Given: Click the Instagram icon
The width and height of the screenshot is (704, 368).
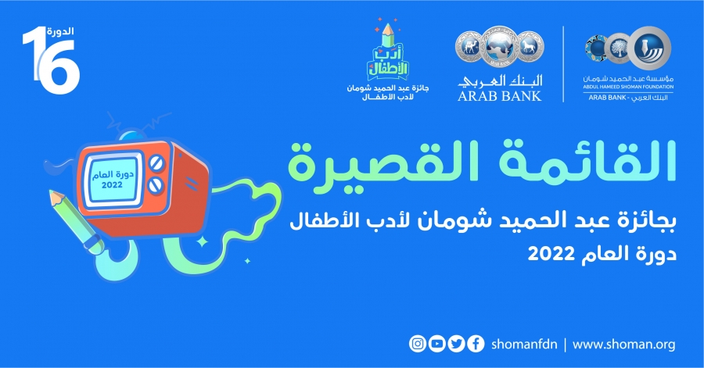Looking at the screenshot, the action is pyautogui.click(x=418, y=344).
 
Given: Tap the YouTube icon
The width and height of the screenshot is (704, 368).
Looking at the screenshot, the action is pyautogui.click(x=436, y=344).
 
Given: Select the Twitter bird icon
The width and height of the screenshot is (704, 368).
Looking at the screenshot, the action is pyautogui.click(x=456, y=344).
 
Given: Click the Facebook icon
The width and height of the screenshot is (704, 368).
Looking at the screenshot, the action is pyautogui.click(x=476, y=344).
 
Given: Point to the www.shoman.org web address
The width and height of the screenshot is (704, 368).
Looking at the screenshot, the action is pyautogui.click(x=623, y=345).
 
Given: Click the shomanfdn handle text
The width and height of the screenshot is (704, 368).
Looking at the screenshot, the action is pyautogui.click(x=524, y=345).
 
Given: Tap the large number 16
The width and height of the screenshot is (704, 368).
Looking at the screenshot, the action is pyautogui.click(x=51, y=60).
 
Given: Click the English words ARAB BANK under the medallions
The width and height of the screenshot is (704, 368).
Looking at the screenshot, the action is pyautogui.click(x=500, y=96).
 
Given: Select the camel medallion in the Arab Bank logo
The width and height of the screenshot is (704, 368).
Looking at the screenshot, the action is pyautogui.click(x=469, y=46).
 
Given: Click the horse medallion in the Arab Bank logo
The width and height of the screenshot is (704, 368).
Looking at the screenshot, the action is pyautogui.click(x=530, y=46).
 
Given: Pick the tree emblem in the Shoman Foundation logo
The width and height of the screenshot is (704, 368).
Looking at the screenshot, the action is pyautogui.click(x=618, y=48).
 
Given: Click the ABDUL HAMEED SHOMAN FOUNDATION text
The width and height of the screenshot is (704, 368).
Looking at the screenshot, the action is pyautogui.click(x=628, y=87).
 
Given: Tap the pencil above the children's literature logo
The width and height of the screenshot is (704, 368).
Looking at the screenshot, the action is pyautogui.click(x=388, y=36).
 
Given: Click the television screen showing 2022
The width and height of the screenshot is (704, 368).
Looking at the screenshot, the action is pyautogui.click(x=112, y=179).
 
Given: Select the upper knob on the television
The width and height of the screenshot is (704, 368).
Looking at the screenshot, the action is pyautogui.click(x=156, y=163).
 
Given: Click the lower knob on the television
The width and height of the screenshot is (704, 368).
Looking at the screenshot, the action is pyautogui.click(x=155, y=184).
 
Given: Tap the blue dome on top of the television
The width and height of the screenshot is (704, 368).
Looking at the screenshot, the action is pyautogui.click(x=131, y=136).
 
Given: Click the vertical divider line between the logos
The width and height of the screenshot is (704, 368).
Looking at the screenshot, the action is pyautogui.click(x=563, y=64).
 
